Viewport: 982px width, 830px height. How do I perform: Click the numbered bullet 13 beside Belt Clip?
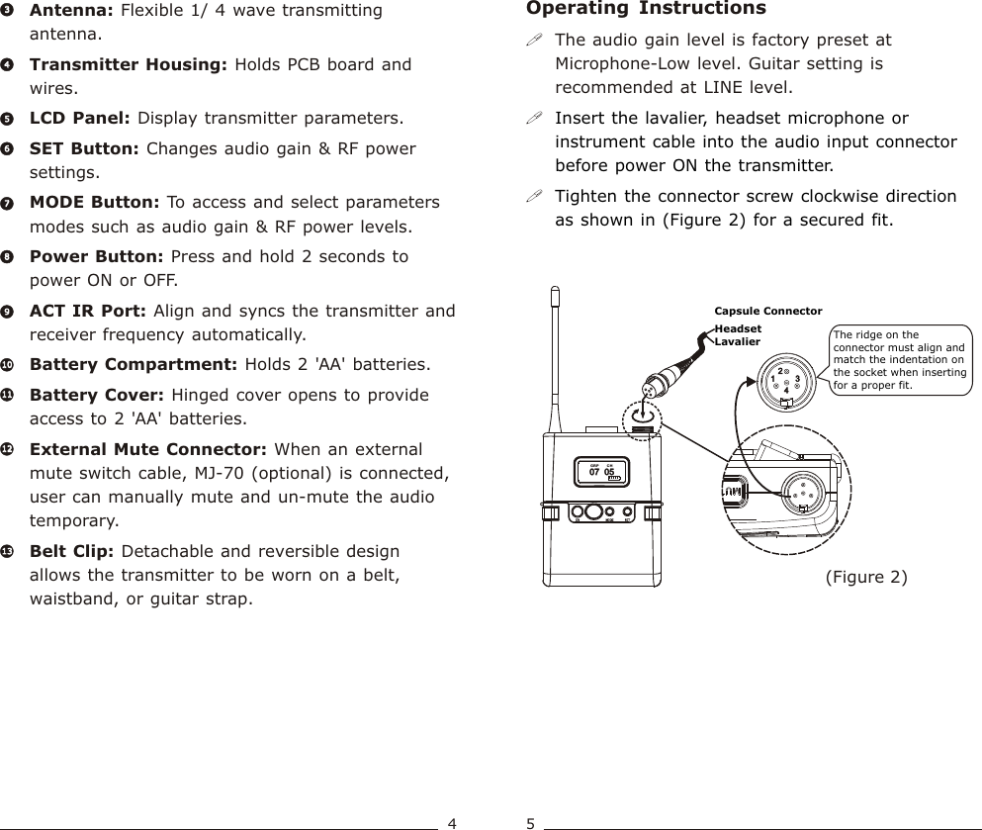click(8, 551)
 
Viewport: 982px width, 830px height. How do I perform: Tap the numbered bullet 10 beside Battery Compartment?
click(8, 365)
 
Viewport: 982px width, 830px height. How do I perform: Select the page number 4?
click(451, 822)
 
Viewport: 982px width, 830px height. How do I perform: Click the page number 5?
click(531, 822)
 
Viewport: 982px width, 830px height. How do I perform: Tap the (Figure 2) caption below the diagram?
click(865, 576)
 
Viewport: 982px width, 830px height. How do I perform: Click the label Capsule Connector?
click(767, 311)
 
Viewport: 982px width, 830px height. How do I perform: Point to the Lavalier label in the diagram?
click(738, 341)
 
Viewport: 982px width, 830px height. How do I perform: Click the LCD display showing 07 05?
click(602, 473)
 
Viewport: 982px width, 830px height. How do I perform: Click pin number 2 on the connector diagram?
click(780, 372)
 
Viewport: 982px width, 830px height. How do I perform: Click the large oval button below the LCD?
click(594, 512)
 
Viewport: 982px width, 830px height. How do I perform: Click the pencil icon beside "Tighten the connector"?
click(534, 196)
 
